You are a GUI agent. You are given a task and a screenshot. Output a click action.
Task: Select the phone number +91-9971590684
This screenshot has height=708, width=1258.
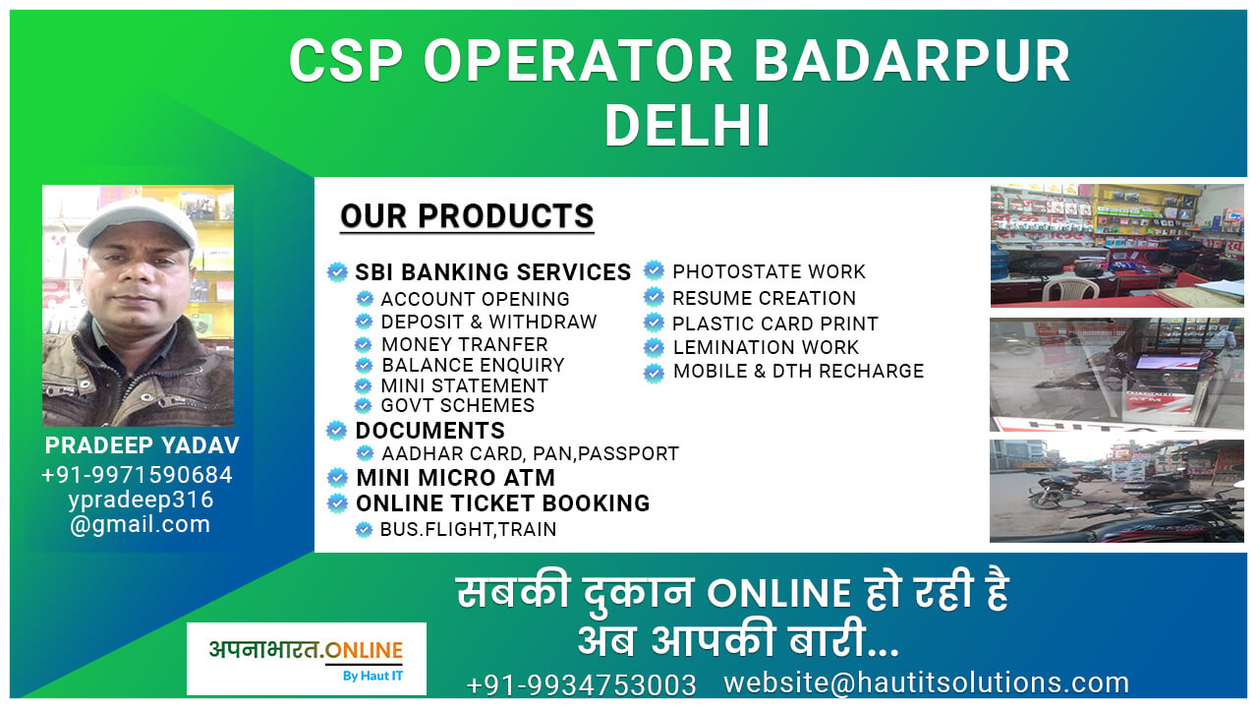click(137, 475)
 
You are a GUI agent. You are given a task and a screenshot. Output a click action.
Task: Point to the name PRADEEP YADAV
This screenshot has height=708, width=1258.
click(143, 445)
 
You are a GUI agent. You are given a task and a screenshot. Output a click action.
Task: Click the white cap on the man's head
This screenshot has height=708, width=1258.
click(139, 221)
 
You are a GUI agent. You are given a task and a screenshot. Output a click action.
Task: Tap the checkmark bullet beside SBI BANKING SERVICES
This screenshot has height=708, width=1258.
click(337, 272)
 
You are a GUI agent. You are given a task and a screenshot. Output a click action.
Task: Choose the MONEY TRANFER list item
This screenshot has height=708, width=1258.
click(465, 344)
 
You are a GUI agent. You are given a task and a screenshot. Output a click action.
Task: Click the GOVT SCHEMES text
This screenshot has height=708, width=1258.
click(458, 405)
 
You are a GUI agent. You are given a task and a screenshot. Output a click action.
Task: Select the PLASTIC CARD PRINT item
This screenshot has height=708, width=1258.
click(775, 324)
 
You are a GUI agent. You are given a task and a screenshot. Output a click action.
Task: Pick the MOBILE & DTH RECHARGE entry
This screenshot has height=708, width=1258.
click(799, 371)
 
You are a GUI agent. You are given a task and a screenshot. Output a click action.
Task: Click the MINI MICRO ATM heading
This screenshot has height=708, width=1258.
click(455, 478)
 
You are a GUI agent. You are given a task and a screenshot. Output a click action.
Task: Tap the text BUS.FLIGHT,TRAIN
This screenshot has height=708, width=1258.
click(469, 529)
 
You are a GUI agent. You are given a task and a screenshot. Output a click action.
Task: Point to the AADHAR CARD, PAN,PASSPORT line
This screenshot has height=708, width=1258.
click(530, 453)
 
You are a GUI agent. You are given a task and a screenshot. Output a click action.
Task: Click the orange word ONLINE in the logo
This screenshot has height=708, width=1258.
click(364, 650)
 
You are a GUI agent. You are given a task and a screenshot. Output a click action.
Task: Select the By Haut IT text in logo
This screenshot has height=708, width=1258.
click(372, 676)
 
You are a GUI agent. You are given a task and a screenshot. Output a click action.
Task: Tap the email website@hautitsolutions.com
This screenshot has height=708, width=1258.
click(927, 682)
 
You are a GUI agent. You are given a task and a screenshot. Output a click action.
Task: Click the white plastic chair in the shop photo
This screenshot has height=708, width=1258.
click(1070, 288)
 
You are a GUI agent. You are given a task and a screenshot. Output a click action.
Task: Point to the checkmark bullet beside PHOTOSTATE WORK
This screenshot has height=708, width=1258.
click(654, 270)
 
